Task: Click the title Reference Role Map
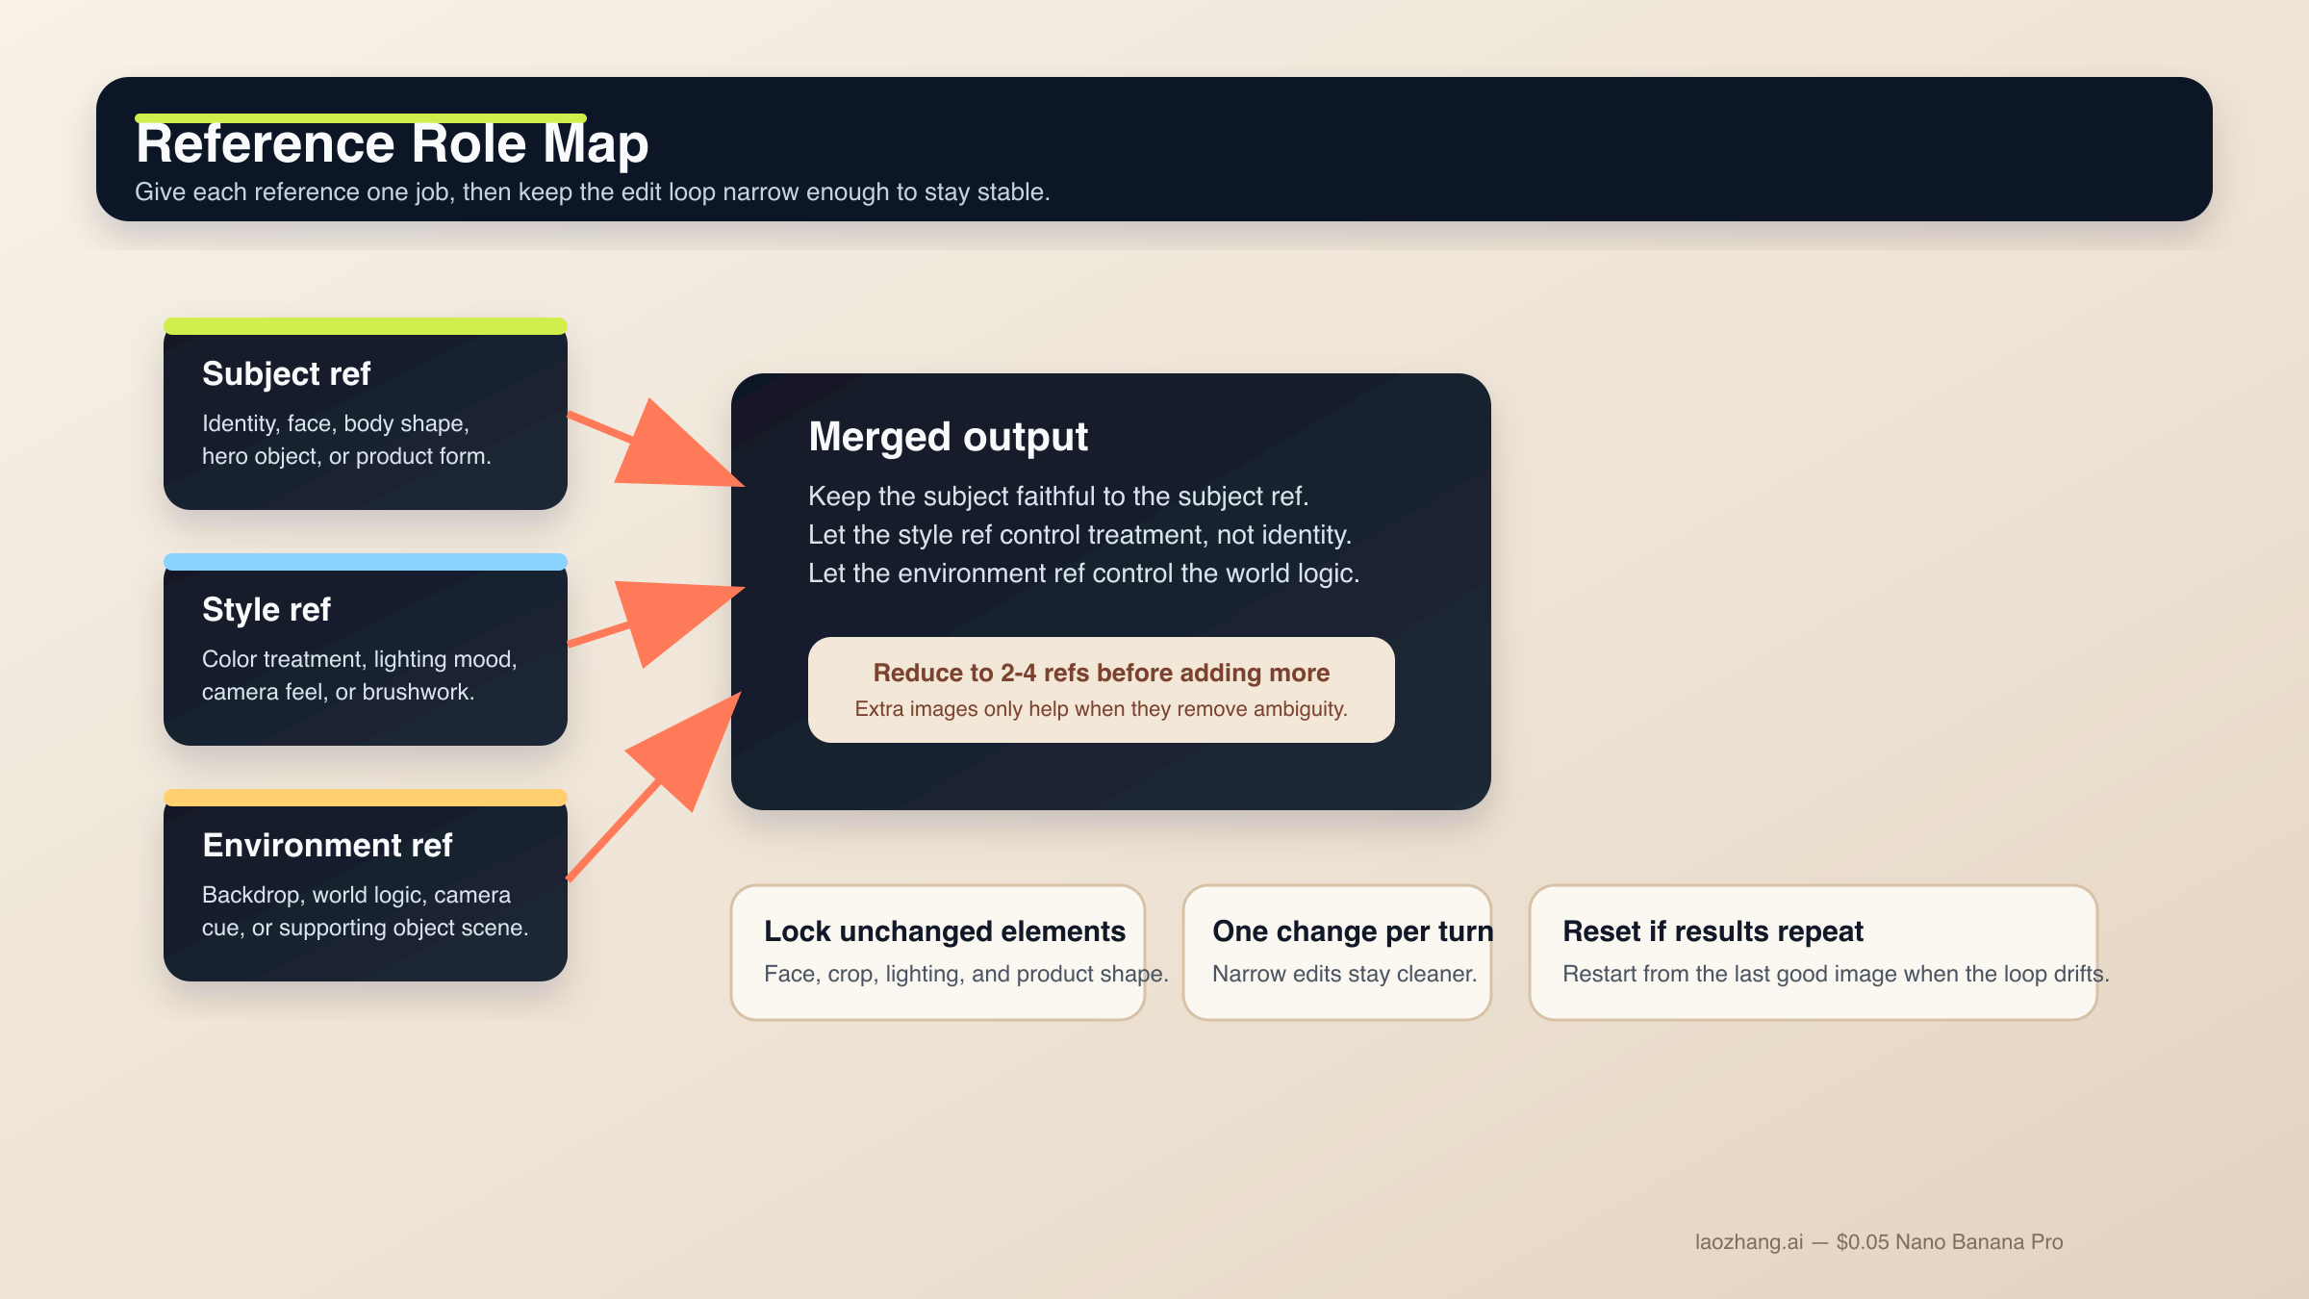click(392, 144)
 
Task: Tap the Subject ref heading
click(286, 373)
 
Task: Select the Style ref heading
click(266, 609)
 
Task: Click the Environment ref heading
click(327, 845)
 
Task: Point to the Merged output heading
click(948, 437)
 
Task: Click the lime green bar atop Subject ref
click(366, 326)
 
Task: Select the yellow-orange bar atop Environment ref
click(366, 798)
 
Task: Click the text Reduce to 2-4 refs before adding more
click(1101, 673)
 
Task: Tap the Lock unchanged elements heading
click(944, 931)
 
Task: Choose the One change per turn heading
click(1352, 931)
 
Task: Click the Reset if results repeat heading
click(1713, 931)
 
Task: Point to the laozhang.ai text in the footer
click(1748, 1242)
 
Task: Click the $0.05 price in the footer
click(1863, 1242)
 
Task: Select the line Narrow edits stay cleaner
click(1344, 974)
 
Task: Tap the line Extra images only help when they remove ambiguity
click(1101, 709)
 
